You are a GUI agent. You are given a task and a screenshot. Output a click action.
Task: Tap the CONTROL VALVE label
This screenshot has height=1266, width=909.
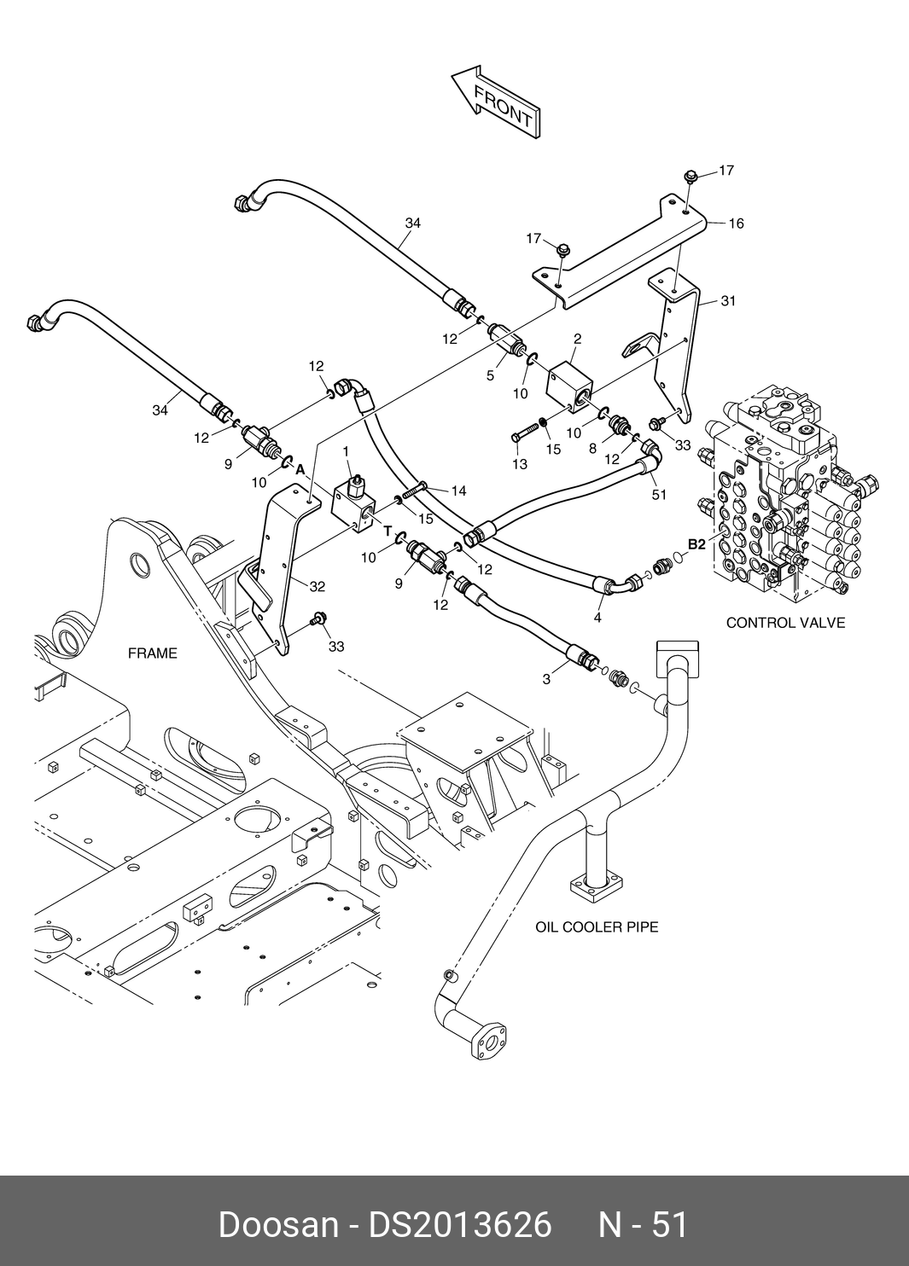point(785,623)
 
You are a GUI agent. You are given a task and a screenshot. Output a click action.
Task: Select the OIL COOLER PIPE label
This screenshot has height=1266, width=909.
point(597,926)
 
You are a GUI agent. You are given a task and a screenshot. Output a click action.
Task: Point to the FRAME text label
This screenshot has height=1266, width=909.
point(153,653)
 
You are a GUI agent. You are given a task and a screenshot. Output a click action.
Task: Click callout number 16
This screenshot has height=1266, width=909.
point(736,224)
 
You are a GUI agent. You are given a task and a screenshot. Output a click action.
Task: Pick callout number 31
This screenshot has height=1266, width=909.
point(728,301)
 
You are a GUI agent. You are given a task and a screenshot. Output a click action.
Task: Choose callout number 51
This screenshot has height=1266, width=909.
point(658,495)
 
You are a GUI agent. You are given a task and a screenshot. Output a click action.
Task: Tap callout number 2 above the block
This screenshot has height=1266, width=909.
point(577,339)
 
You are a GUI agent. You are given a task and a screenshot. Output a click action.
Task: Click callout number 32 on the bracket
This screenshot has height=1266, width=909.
point(317,587)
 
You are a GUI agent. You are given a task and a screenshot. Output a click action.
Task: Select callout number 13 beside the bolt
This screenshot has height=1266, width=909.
point(520,465)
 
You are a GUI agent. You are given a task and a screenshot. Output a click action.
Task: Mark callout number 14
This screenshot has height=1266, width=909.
point(458,491)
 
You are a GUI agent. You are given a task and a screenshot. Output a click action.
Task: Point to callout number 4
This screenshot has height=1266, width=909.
point(597,618)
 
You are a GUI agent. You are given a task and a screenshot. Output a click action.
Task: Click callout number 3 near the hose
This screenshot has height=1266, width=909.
point(546,680)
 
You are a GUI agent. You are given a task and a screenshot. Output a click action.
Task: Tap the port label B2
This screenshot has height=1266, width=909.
point(696,543)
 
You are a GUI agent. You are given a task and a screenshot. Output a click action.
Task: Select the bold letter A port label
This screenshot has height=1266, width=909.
point(300,468)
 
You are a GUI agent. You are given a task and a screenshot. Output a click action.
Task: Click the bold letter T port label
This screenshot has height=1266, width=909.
point(387,531)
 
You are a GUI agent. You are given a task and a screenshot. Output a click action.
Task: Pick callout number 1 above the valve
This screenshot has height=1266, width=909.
point(347,450)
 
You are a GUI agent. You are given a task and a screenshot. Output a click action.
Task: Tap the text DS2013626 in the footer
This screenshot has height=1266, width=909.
point(460,1224)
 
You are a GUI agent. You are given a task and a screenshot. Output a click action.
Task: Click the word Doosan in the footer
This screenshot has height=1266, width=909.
point(278,1224)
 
